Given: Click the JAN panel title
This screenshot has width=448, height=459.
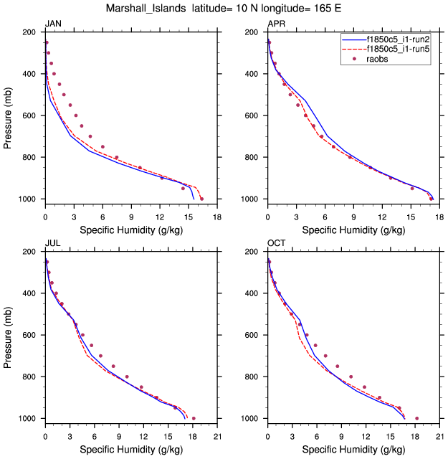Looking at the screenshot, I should [x=53, y=24].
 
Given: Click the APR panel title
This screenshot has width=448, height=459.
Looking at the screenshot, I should [x=276, y=24].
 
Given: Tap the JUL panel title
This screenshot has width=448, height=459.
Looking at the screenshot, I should [x=52, y=244].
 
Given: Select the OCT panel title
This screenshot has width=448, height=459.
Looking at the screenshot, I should [x=276, y=244].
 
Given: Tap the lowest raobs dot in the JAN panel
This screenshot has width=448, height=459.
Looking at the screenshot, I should [x=201, y=199].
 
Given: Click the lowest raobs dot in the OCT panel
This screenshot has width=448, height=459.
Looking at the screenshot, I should [x=416, y=418].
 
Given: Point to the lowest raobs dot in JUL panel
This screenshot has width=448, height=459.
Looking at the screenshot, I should [x=194, y=418].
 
